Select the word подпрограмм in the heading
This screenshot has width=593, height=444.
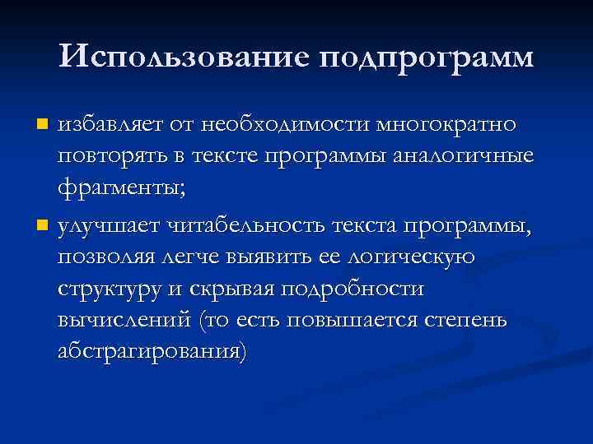click(424, 58)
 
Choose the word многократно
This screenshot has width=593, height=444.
click(447, 125)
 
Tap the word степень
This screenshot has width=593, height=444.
click(478, 320)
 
